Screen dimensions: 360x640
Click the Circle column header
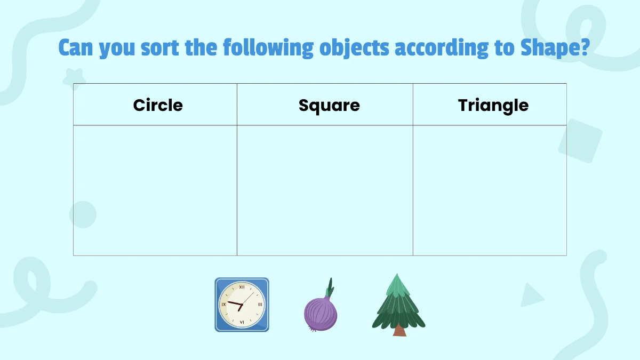coord(158,105)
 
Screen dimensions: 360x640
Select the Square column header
coord(329,106)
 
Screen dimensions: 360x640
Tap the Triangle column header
coord(493,106)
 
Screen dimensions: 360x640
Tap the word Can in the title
coord(76,48)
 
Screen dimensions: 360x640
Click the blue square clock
coord(242,305)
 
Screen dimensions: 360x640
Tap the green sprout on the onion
coord(330,288)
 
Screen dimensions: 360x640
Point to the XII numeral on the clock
coord(242,287)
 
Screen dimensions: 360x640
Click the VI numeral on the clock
coord(242,322)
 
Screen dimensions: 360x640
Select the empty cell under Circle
coord(155,190)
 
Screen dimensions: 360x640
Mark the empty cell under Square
coord(325,190)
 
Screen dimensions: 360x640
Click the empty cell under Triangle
coord(490,190)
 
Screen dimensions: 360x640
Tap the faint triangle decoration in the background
coord(531,295)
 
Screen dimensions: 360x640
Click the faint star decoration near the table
coord(75,78)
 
